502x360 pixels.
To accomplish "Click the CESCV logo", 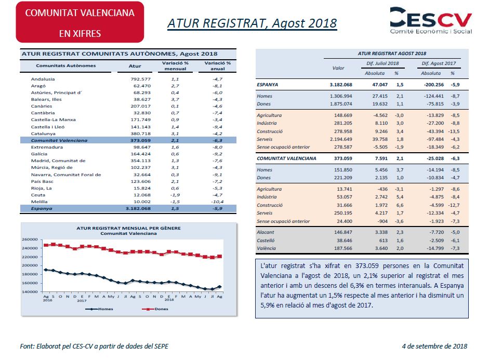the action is click(x=431, y=20).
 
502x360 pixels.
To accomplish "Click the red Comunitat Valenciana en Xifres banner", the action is click(x=80, y=22).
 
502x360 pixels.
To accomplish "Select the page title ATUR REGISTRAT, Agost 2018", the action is click(x=252, y=23).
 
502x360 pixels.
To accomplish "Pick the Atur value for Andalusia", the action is click(x=140, y=79).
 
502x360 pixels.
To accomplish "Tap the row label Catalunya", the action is click(x=43, y=134).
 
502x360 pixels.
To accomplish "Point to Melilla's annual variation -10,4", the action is click(x=217, y=202).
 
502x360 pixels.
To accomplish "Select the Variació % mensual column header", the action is click(x=175, y=66).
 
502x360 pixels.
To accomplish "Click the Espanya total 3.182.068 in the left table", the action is click(x=138, y=208).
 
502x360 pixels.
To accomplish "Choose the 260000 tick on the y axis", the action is click(x=30, y=239).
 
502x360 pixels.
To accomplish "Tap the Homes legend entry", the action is click(x=99, y=309).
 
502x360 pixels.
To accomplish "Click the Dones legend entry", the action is click(x=155, y=309).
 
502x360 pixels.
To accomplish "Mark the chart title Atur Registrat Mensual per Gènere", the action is click(x=128, y=228).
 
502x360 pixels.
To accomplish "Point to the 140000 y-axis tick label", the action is click(x=30, y=292).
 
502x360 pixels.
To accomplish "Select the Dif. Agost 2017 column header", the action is click(x=439, y=63).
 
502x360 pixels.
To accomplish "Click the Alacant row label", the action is click(x=266, y=232).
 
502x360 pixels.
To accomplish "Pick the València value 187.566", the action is click(x=343, y=248).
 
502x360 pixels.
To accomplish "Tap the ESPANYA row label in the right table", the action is click(x=267, y=85).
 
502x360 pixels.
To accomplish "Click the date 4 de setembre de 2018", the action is click(x=434, y=346).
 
